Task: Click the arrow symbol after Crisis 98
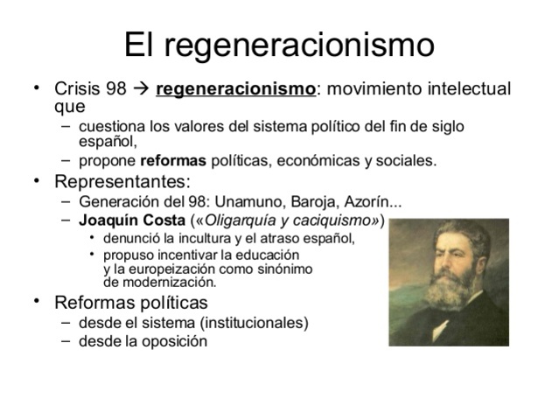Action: [x=140, y=89]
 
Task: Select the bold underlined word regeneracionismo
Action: [x=235, y=89]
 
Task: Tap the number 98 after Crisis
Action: [x=115, y=89]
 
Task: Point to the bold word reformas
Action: [x=173, y=161]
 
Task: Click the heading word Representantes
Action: [x=121, y=182]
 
